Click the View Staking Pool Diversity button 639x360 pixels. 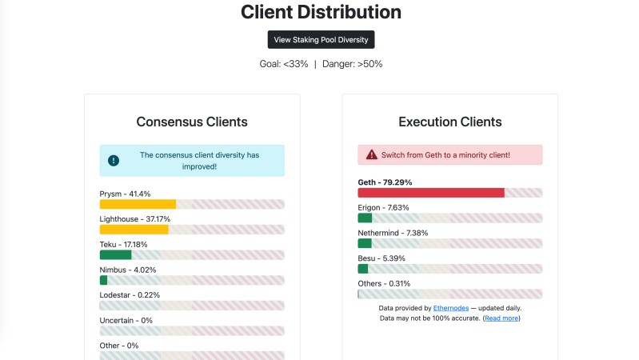(x=321, y=39)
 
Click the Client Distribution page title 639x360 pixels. (x=321, y=12)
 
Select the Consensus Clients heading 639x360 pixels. (x=192, y=122)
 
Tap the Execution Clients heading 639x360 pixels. (x=450, y=122)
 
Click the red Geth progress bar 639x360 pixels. (x=431, y=193)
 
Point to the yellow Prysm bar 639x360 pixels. (x=138, y=204)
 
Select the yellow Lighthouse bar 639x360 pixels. (x=134, y=230)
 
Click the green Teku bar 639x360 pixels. (x=115, y=255)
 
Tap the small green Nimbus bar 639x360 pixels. (x=103, y=280)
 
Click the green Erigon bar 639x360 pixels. (x=365, y=218)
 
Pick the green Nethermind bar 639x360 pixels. (x=365, y=243)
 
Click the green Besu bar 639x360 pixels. (x=363, y=269)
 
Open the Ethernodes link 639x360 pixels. (x=451, y=307)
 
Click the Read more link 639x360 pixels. (x=502, y=318)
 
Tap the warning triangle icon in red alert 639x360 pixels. (x=372, y=154)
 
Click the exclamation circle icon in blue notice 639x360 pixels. (x=114, y=161)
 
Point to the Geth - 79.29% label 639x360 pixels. (x=385, y=182)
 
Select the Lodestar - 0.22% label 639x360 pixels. (x=130, y=294)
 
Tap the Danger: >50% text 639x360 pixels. (x=352, y=64)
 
